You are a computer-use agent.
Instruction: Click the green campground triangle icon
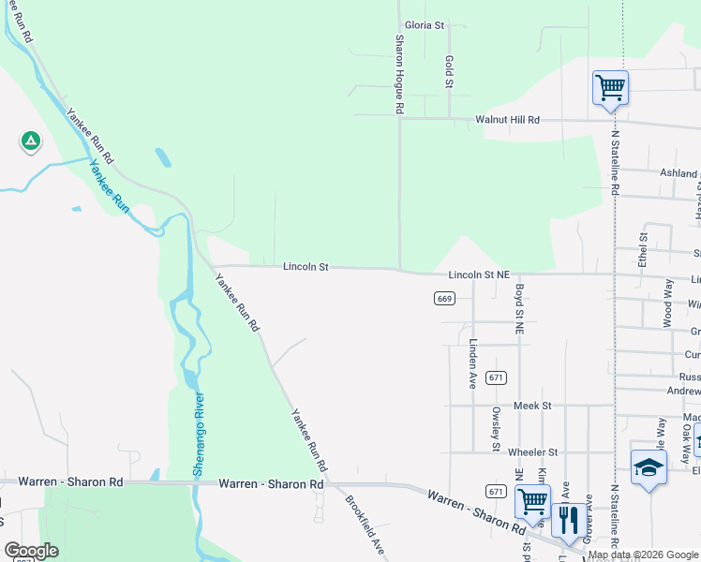(31, 141)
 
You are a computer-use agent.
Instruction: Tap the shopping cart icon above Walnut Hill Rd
(610, 88)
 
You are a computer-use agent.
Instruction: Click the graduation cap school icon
(649, 467)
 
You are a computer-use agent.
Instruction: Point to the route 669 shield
(444, 298)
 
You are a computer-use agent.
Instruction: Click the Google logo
(31, 551)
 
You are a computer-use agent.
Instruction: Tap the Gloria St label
(424, 25)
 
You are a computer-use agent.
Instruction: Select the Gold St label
(449, 73)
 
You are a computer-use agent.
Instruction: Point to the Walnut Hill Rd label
(508, 120)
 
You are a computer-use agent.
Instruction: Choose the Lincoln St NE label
(478, 275)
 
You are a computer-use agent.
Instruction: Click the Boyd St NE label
(518, 310)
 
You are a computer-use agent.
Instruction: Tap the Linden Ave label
(473, 364)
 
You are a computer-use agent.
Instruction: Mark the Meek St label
(532, 406)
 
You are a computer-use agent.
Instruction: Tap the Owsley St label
(496, 427)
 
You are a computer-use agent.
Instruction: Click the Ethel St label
(643, 249)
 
